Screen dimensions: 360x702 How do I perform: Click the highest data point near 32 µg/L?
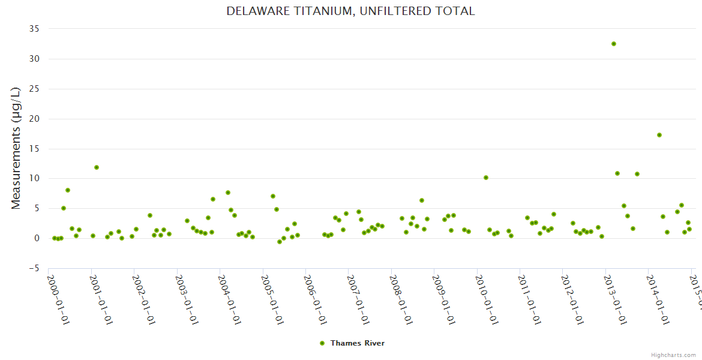614,44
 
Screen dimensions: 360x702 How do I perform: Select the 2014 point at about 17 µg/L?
659,135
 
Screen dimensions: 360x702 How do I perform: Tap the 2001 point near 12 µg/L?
97,167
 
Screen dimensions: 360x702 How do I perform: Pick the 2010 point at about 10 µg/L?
486,178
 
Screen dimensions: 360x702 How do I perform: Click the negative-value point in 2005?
280,242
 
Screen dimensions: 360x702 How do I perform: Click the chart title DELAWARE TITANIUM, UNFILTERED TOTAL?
350,11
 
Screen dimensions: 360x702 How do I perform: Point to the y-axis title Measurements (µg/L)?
16,148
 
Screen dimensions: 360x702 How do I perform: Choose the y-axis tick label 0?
37,238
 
